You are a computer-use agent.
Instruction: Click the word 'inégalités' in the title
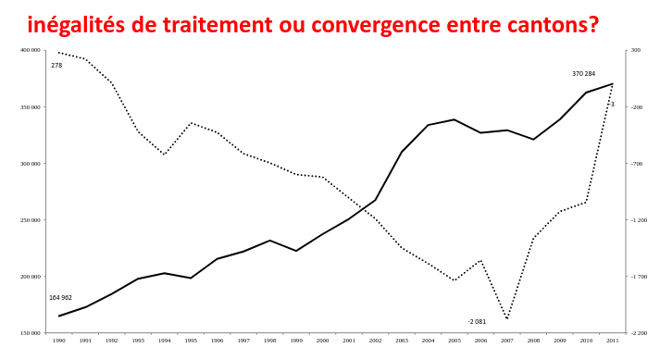click(76, 25)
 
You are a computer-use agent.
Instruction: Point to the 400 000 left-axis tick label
click(30, 50)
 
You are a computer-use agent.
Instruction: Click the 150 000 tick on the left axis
click(30, 333)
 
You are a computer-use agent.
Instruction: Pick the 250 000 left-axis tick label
click(30, 219)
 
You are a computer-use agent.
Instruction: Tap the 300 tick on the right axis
click(636, 50)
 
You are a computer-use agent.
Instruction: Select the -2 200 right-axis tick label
click(639, 333)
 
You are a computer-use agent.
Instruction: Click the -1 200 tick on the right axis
click(639, 219)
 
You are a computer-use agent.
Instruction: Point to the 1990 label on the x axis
click(59, 341)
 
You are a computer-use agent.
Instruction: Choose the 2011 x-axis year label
click(613, 341)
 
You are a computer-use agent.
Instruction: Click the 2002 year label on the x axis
click(375, 341)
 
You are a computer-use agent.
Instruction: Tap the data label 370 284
click(583, 74)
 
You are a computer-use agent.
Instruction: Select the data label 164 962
click(60, 298)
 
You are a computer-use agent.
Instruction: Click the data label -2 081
click(477, 322)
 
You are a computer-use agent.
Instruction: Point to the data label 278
click(56, 66)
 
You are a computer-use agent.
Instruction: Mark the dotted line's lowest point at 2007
click(507, 318)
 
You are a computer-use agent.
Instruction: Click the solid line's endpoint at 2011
click(613, 84)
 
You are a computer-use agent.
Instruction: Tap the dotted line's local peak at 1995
click(191, 123)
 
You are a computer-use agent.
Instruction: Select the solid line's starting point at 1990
click(59, 316)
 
